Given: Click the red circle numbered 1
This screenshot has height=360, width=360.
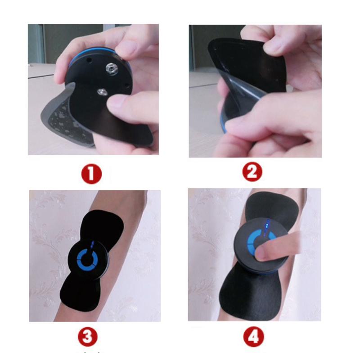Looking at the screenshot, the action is tap(91, 174).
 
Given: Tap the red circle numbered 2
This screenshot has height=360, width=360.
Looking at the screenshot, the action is tap(252, 171).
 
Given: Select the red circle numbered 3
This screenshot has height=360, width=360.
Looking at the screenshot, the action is tap(88, 337).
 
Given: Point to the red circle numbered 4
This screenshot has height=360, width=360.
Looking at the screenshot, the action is tap(253, 337).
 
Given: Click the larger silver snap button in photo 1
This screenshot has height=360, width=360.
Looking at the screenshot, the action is tap(112, 69).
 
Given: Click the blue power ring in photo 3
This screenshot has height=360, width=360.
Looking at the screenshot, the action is tap(87, 260).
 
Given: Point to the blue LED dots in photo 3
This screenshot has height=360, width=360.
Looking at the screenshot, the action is tap(92, 245).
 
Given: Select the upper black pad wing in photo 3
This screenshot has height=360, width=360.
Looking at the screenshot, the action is tap(103, 225).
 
